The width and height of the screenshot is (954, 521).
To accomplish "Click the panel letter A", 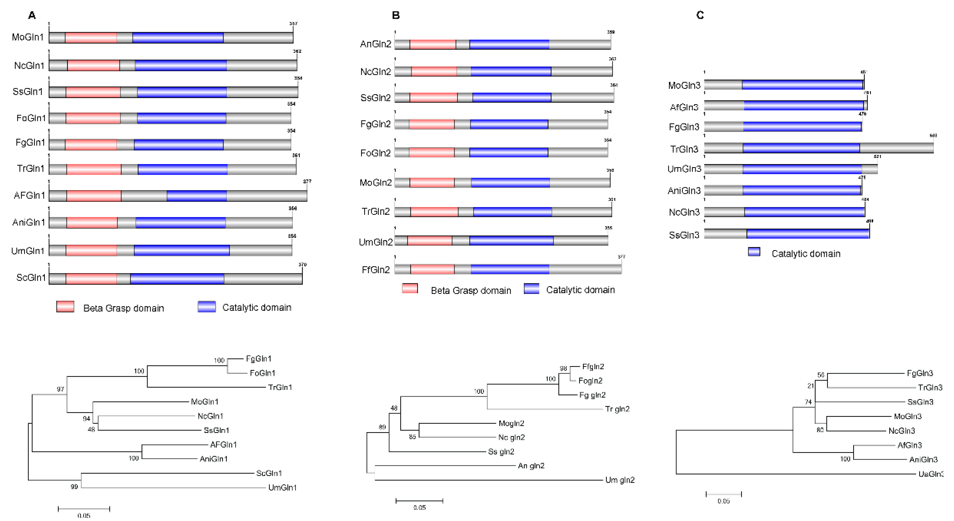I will (x=32, y=15).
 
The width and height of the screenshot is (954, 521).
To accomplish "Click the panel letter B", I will (x=395, y=15).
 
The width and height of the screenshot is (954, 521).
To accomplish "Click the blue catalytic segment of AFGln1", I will (x=197, y=196).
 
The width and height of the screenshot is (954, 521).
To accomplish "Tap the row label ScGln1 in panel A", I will (x=31, y=278).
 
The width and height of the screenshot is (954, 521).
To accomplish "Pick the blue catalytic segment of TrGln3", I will (x=801, y=148).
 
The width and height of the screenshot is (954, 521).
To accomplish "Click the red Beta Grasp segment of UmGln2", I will (x=429, y=241).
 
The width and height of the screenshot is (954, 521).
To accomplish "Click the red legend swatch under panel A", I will (x=65, y=307).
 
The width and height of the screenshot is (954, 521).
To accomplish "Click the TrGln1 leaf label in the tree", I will (x=280, y=388).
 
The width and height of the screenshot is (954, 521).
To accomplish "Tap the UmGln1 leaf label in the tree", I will (x=282, y=488).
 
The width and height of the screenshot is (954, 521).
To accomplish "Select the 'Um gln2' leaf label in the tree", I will (x=620, y=480).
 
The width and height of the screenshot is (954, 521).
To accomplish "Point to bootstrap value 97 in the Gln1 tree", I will (x=60, y=389).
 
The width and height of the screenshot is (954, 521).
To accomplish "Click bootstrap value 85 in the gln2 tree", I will (x=412, y=437).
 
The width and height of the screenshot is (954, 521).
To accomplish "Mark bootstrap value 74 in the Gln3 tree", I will (x=808, y=402).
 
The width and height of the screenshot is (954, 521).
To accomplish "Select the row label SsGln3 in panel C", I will (x=684, y=235).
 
